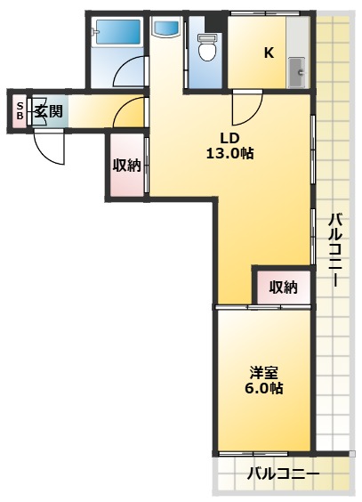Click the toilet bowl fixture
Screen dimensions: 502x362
pos(208,48)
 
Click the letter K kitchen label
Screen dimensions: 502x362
pos(268,52)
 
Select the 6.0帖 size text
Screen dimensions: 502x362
pos(265,389)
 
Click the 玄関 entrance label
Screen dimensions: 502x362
pos(48,111)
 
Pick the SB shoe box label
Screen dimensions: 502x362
pos(20,111)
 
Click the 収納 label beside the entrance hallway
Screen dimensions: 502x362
pos(126,164)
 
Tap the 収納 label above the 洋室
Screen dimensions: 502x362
pos(283,287)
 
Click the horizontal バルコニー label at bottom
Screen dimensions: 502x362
pos(283,474)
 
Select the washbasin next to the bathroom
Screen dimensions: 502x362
pos(165,28)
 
